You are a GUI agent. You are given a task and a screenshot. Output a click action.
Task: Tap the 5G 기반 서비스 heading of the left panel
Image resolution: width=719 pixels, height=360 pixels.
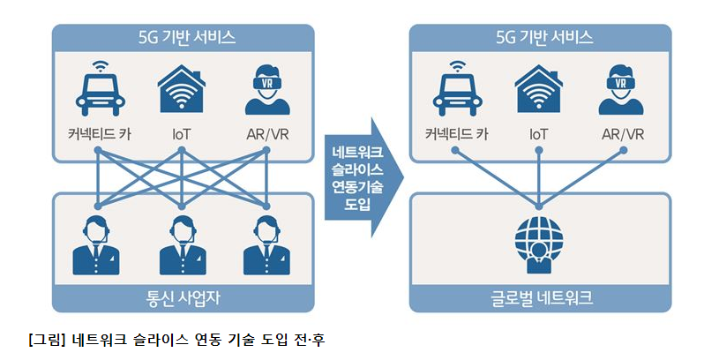pos(183,37)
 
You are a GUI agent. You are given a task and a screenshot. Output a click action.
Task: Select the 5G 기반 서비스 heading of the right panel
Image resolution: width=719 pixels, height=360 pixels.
pos(540,37)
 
